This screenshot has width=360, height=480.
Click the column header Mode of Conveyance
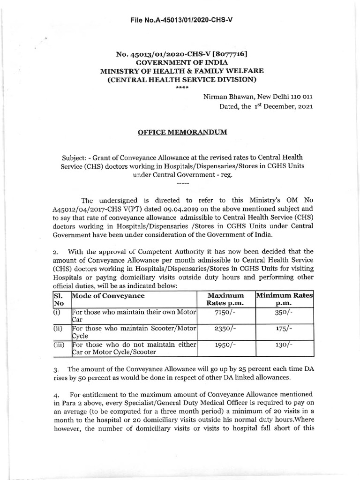pos(108,296)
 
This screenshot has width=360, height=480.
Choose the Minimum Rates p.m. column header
pos(284,300)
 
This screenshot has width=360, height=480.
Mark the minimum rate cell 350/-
pos(284,314)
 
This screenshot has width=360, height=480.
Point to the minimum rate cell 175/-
pos(284,330)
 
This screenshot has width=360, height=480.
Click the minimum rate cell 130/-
pos(284,345)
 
